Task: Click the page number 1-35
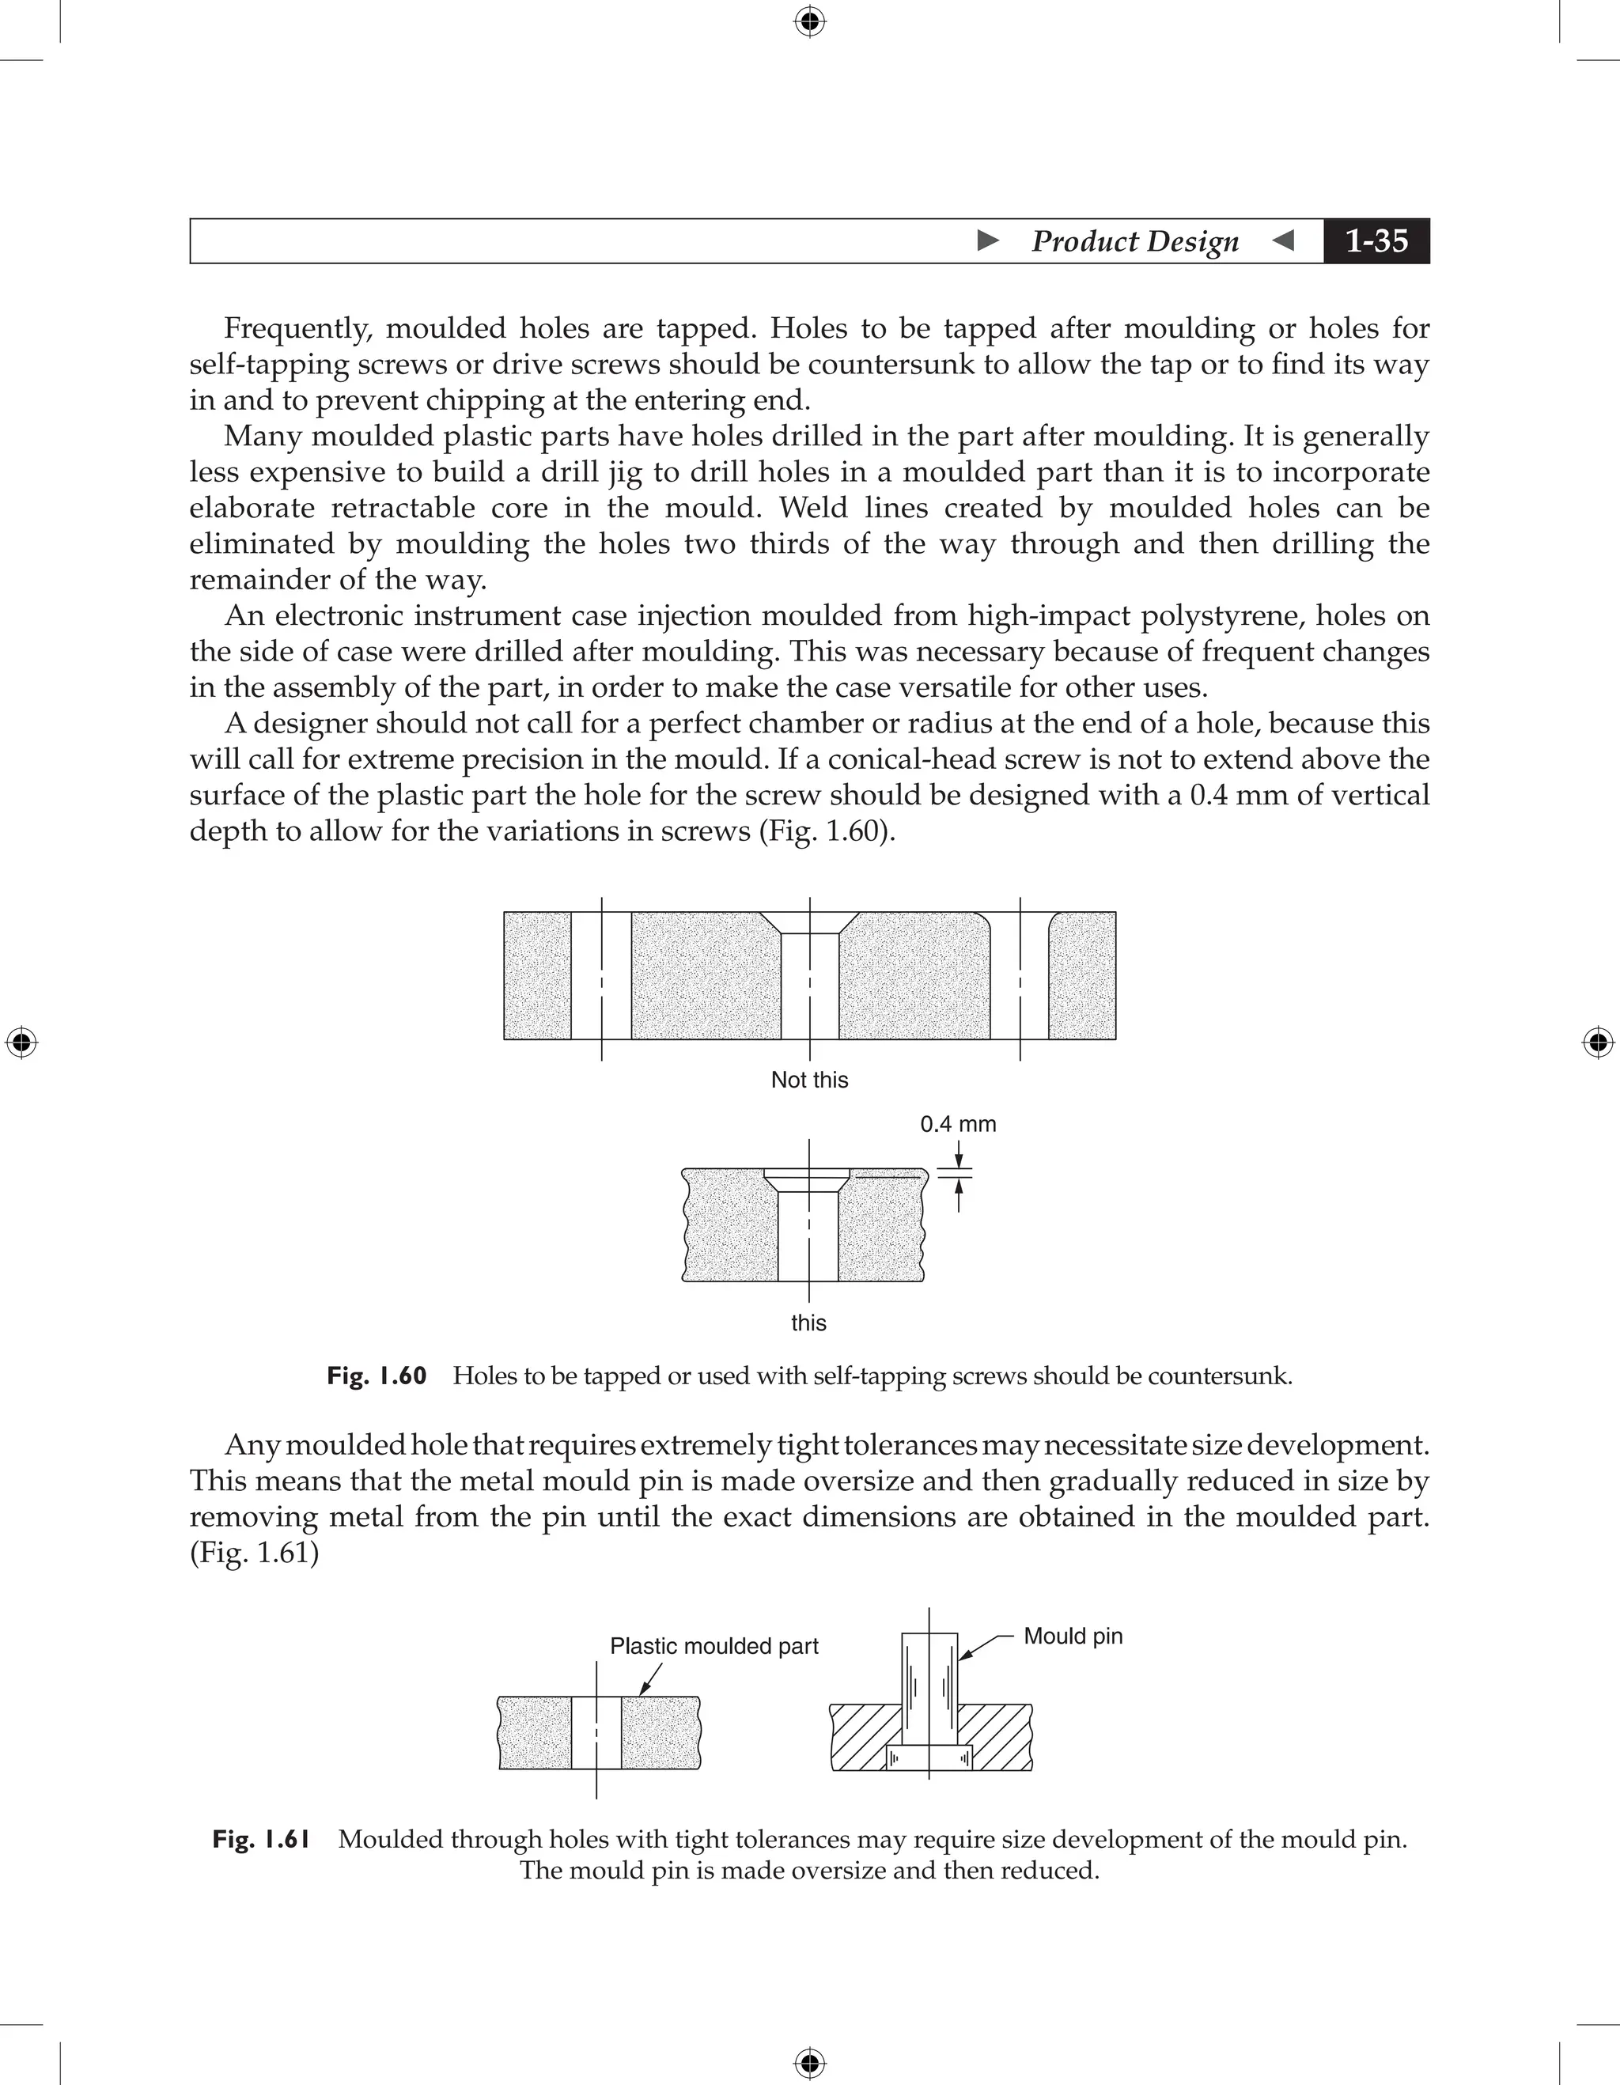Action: point(1376,240)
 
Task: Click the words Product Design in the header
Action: point(1134,240)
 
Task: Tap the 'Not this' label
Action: point(808,1080)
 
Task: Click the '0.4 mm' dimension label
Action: point(957,1124)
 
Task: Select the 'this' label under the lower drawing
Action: point(808,1323)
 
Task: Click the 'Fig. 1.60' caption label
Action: point(376,1375)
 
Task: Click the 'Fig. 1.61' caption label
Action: point(262,1839)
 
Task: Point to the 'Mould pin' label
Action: point(1072,1636)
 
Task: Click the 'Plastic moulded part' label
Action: point(714,1646)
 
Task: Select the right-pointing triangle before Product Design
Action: point(989,240)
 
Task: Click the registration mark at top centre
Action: point(809,21)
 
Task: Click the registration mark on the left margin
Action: point(21,1042)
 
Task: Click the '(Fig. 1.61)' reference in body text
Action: point(254,1553)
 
